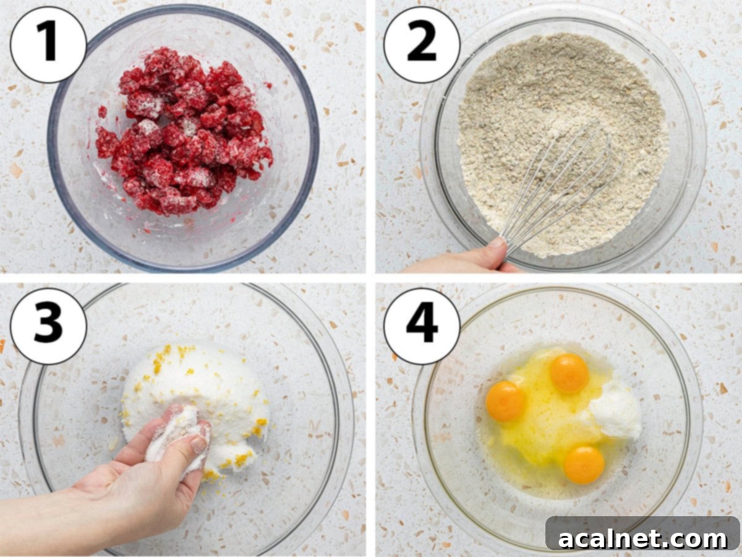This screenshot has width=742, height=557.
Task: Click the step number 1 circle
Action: click(x=48, y=45)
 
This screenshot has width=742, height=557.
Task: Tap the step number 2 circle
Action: click(x=422, y=45)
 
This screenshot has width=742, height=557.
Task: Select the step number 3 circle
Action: click(x=48, y=326)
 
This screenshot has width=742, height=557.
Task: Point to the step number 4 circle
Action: click(x=422, y=326)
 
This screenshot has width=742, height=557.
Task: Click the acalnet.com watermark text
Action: click(x=642, y=538)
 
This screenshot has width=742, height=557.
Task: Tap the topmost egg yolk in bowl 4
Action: click(x=570, y=373)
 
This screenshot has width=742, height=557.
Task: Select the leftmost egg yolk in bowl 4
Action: click(x=506, y=401)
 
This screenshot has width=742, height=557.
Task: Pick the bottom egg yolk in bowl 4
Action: click(x=584, y=465)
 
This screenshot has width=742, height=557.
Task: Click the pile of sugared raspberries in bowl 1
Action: click(x=184, y=132)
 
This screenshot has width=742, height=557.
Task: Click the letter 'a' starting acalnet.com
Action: click(x=567, y=540)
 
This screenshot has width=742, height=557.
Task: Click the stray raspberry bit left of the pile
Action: click(x=103, y=111)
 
